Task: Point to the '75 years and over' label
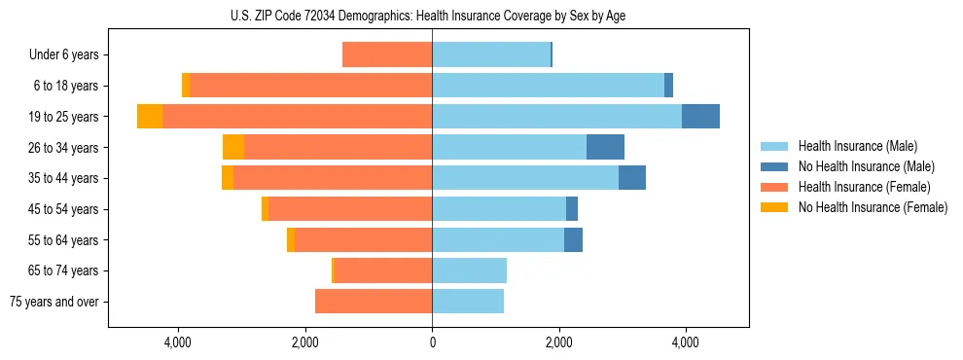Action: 54,302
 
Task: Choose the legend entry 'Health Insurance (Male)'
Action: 857,147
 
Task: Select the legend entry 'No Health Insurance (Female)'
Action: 873,207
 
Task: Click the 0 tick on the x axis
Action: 432,343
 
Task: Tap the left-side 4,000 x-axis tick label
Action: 178,343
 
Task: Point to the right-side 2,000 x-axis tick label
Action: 558,343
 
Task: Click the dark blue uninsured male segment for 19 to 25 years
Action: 700,117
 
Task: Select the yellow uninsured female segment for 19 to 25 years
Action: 150,117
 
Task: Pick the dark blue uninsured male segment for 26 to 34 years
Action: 605,147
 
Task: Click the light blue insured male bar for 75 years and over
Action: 468,302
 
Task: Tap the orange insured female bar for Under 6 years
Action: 387,55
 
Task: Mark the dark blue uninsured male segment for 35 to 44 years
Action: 632,178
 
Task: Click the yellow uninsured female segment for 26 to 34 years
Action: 233,147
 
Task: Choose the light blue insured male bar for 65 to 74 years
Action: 469,270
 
